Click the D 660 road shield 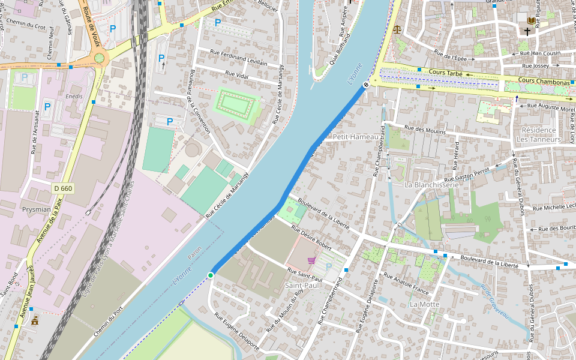point(62,188)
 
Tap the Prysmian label point(37,209)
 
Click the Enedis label point(74,95)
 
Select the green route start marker point(211,275)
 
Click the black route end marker point(365,85)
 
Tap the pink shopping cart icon point(311,260)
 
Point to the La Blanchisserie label point(431,184)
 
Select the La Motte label point(424,304)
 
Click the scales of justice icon point(397,28)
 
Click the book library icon point(530,20)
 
